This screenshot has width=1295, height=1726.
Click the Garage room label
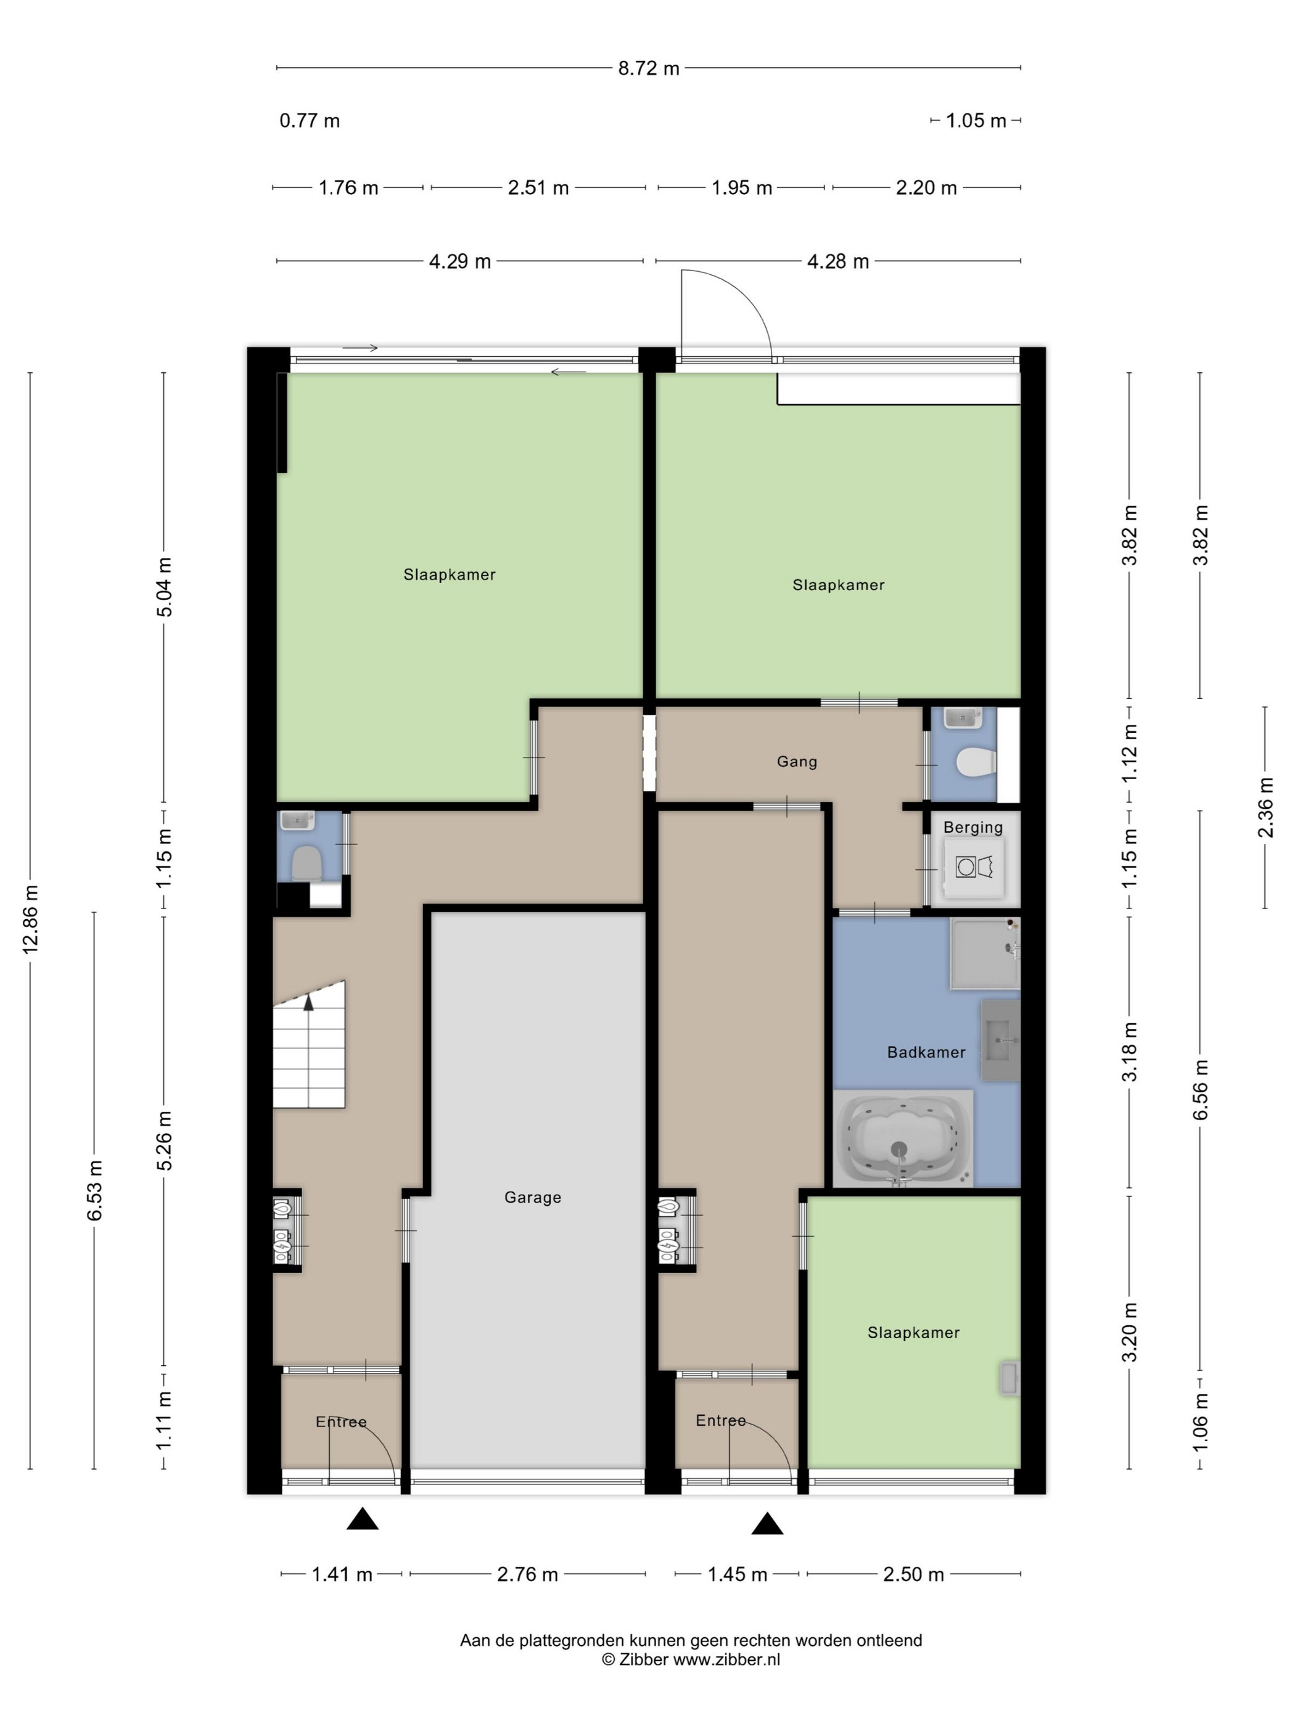(x=532, y=1197)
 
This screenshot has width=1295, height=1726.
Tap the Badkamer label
(x=926, y=1052)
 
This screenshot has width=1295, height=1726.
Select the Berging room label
(x=972, y=827)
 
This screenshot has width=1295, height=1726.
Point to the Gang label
(x=797, y=761)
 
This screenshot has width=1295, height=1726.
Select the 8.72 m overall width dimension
(x=649, y=68)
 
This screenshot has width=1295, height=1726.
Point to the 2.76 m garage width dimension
(x=528, y=1574)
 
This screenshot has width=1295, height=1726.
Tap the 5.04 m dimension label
(x=165, y=587)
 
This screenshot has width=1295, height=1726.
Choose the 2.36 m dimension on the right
(x=1265, y=808)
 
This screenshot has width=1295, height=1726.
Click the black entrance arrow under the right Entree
(x=767, y=1523)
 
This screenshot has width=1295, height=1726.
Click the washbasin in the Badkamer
(x=1001, y=1039)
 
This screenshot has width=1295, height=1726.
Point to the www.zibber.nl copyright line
(x=691, y=1659)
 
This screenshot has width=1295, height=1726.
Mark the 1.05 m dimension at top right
(x=976, y=121)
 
